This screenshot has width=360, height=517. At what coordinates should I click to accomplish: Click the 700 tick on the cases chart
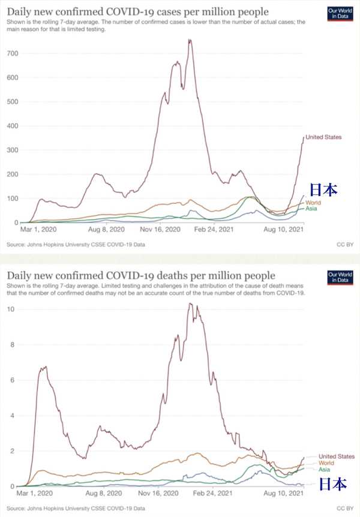coord(14,53)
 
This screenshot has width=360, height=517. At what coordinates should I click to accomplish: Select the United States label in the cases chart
coord(325,138)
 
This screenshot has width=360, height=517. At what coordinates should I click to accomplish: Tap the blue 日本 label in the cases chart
coord(323,190)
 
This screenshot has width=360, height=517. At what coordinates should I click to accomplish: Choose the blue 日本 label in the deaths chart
coord(332,484)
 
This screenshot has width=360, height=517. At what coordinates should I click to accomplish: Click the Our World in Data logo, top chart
coord(340,14)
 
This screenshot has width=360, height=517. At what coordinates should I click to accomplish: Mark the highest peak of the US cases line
coord(190,40)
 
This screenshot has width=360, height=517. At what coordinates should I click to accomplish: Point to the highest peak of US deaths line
coord(190,303)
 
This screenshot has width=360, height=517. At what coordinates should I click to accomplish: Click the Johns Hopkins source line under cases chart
coord(76,245)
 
